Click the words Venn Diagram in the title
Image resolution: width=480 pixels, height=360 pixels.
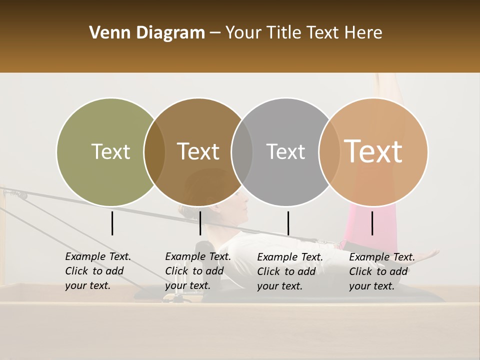click(x=146, y=33)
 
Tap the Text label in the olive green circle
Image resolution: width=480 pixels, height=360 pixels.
click(x=110, y=151)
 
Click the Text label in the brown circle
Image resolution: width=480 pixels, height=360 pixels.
click(x=198, y=151)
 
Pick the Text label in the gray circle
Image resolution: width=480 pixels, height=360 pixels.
click(x=285, y=151)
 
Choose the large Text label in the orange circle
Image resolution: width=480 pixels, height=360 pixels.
click(x=373, y=151)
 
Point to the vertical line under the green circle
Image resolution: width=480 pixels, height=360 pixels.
click(x=112, y=223)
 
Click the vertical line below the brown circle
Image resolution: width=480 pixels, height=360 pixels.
click(x=200, y=223)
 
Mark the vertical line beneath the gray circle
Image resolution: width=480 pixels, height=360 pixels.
click(x=288, y=223)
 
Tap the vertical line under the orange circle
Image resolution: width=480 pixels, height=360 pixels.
click(x=372, y=223)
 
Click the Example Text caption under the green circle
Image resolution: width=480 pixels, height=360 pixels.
click(x=97, y=271)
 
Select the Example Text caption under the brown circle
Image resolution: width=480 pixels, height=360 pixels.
click(x=197, y=271)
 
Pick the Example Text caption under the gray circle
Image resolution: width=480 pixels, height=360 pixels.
click(x=289, y=271)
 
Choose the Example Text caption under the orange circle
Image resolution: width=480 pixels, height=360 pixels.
click(x=381, y=271)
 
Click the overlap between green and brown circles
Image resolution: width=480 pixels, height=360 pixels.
click(x=154, y=152)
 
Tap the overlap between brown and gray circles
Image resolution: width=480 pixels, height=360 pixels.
click(x=242, y=152)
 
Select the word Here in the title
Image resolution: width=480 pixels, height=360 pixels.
click(x=364, y=33)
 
